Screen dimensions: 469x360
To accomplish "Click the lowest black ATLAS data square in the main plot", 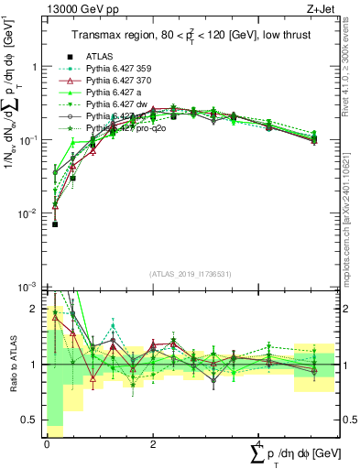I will pos(55,224).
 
